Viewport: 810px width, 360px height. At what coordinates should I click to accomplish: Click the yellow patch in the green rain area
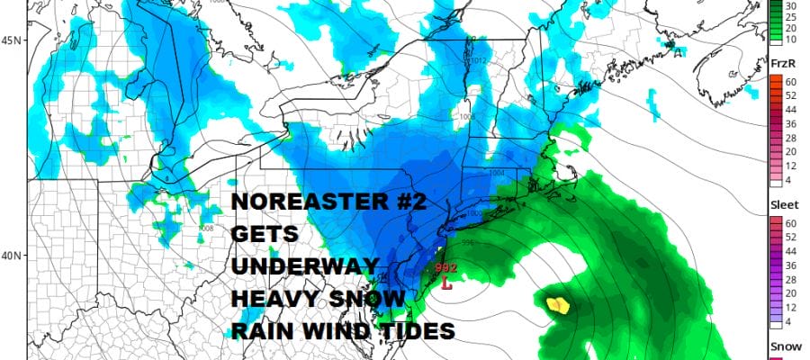pos(559,304)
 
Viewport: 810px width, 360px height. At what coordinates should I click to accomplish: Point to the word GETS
pos(256,234)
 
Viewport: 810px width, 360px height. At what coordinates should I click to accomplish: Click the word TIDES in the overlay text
pos(422,330)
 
